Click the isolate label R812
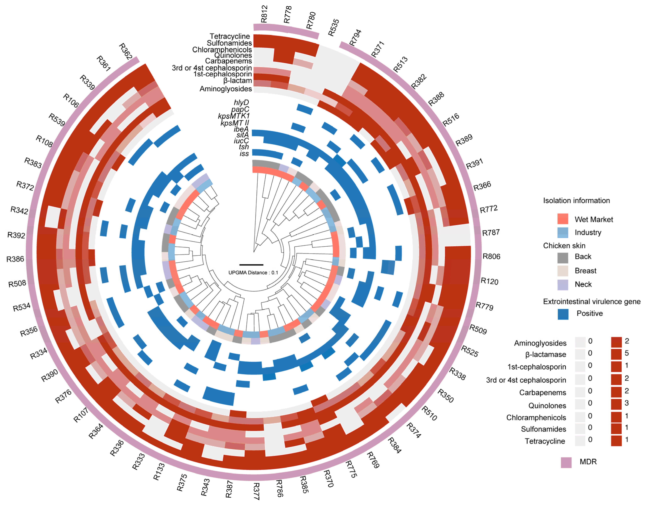click(x=264, y=14)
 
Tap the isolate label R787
click(x=491, y=232)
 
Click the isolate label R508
click(x=17, y=283)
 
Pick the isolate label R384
click(x=394, y=445)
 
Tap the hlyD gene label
click(x=241, y=103)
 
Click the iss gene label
click(x=244, y=153)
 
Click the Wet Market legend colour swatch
click(x=563, y=219)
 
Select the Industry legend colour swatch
click(x=563, y=232)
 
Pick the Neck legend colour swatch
click(x=563, y=285)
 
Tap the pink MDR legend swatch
click(x=566, y=462)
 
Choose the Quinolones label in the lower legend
click(x=547, y=406)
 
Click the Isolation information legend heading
click(x=576, y=201)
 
